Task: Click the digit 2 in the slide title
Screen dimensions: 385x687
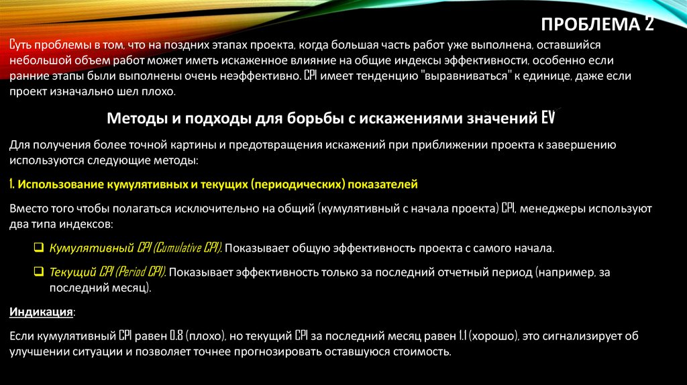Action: click(648, 25)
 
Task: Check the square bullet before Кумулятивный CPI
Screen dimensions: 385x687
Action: click(39, 248)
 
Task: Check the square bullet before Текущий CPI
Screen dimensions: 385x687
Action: click(39, 272)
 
